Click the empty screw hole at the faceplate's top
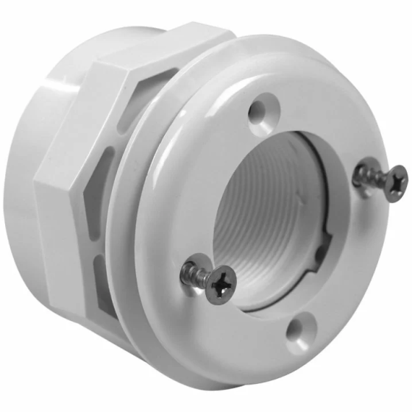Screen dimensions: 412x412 click(x=257, y=113)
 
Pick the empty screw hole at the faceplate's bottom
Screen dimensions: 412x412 click(x=300, y=327)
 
